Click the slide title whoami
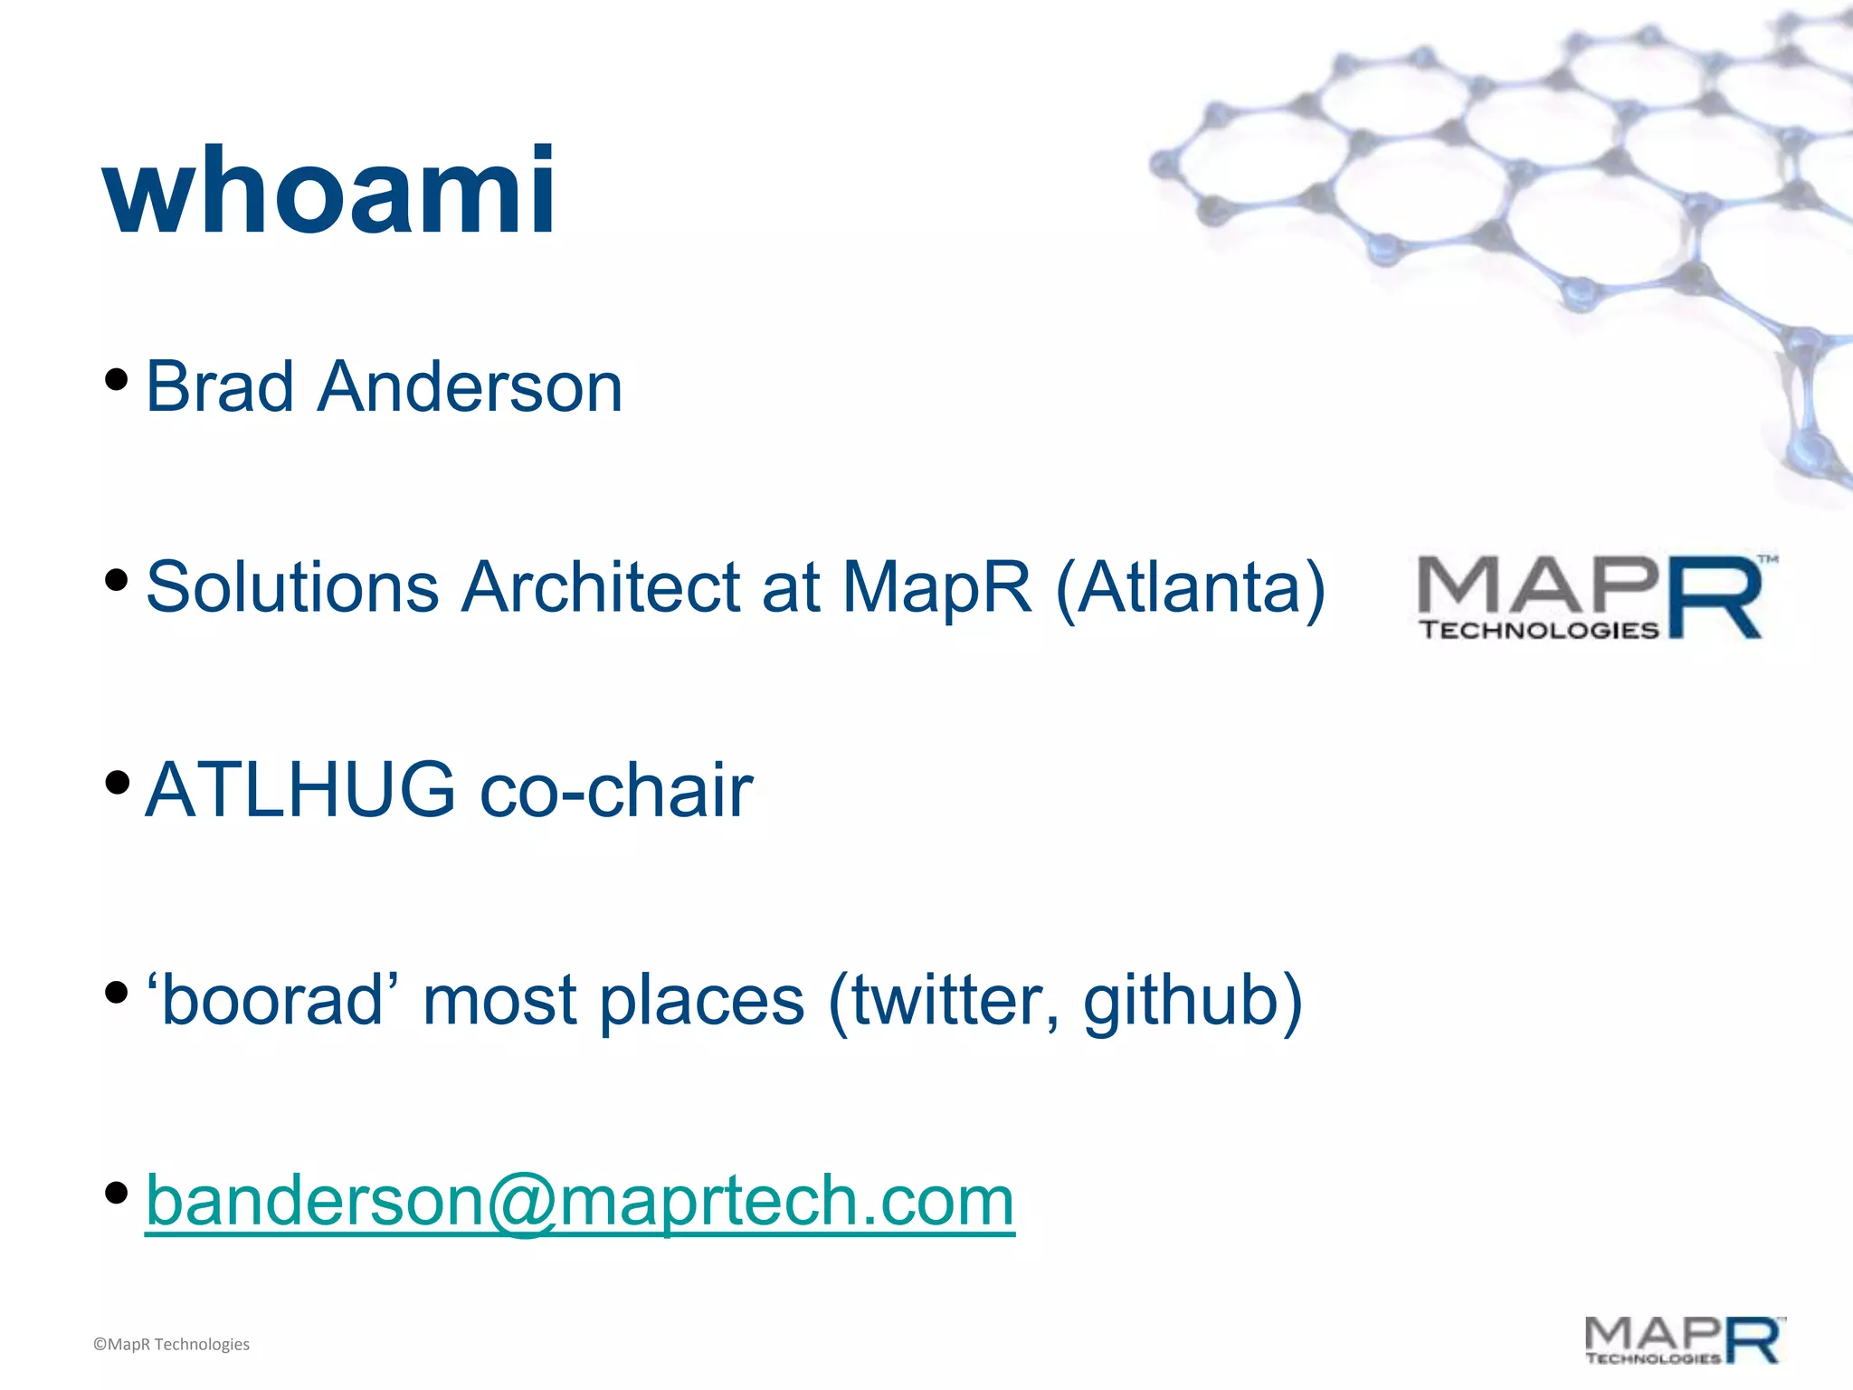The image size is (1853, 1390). [329, 192]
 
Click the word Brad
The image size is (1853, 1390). [220, 386]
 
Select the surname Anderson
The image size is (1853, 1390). [470, 386]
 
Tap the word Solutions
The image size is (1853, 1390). [291, 587]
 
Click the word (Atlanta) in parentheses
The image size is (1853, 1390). [1190, 589]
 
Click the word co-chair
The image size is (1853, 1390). [615, 789]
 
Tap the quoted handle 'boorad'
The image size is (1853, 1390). [271, 1000]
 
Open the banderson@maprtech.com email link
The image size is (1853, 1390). [579, 1201]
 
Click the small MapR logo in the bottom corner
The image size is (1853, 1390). [1684, 1340]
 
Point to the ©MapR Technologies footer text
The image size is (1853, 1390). [171, 1344]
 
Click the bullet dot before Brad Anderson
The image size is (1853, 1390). [116, 379]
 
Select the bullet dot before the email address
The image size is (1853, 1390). [116, 1193]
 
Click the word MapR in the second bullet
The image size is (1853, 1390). [936, 587]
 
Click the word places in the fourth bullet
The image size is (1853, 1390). [701, 1002]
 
